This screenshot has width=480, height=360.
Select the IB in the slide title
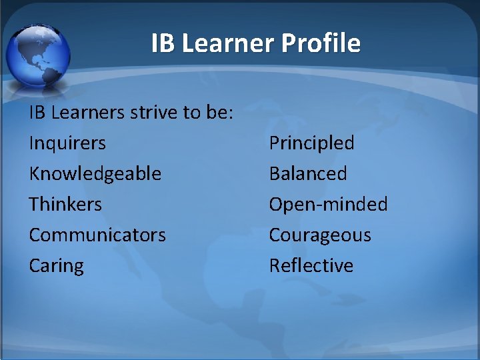pyautogui.click(x=162, y=43)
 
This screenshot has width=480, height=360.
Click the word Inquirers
pyautogui.click(x=67, y=143)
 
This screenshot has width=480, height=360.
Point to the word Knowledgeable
pyautogui.click(x=95, y=173)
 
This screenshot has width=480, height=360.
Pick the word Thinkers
pyautogui.click(x=65, y=204)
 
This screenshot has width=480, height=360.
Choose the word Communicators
pyautogui.click(x=97, y=235)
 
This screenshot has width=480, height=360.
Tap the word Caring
pyautogui.click(x=57, y=265)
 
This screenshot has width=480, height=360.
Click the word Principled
pyautogui.click(x=311, y=143)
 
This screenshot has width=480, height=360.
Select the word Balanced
pyautogui.click(x=308, y=173)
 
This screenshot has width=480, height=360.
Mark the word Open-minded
pyautogui.click(x=328, y=204)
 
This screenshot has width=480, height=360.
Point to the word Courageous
pyautogui.click(x=320, y=235)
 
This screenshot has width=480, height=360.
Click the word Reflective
pyautogui.click(x=311, y=265)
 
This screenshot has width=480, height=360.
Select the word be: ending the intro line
pyautogui.click(x=217, y=112)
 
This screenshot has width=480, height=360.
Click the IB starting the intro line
pyautogui.click(x=37, y=112)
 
